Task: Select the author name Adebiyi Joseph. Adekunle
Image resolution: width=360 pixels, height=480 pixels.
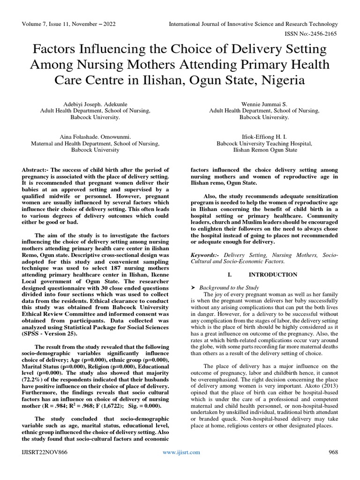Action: point(95,104)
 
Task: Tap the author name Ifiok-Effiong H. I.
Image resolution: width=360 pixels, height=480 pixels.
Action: point(264,135)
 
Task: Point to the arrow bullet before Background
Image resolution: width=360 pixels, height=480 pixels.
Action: point(193,287)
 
